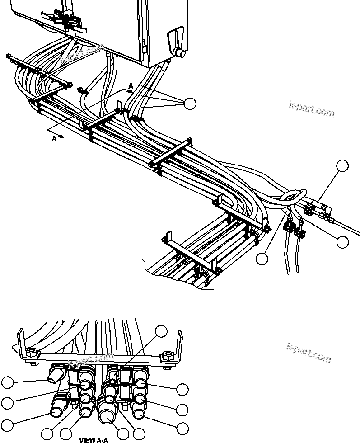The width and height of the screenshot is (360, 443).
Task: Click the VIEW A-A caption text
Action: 94,439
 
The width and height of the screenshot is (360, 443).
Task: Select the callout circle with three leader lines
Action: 190,104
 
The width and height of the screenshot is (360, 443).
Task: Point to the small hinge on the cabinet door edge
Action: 143,45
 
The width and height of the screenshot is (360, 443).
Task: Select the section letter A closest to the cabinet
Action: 131,86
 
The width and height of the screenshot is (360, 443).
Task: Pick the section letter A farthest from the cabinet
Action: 54,139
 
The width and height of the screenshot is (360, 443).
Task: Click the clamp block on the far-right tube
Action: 310,209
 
